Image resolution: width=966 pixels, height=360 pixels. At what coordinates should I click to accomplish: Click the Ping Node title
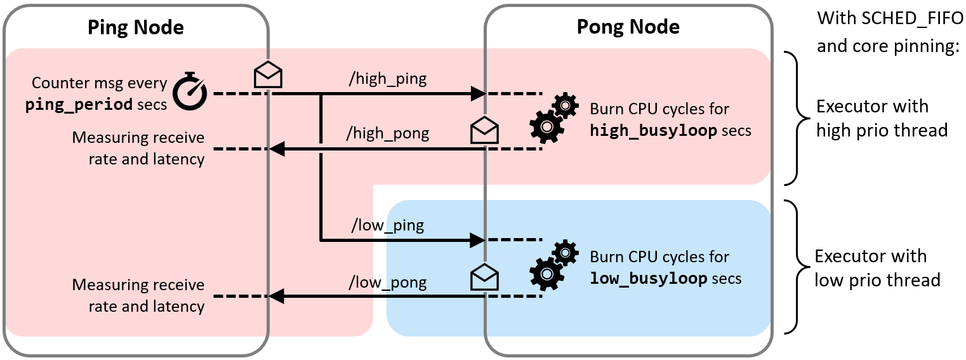click(x=135, y=27)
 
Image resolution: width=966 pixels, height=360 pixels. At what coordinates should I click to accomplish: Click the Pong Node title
click(x=628, y=27)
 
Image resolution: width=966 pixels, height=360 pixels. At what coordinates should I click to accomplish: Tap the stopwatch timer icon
click(x=190, y=91)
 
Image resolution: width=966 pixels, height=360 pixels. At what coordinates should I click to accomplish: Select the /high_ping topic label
click(x=387, y=79)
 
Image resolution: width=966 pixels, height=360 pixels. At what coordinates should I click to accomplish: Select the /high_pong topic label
click(x=387, y=133)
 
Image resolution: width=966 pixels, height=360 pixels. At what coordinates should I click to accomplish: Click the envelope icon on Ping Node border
click(x=268, y=75)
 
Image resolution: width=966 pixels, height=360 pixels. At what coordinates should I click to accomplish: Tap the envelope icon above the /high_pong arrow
click(x=484, y=130)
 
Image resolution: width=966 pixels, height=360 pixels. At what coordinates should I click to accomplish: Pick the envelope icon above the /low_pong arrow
click(x=484, y=277)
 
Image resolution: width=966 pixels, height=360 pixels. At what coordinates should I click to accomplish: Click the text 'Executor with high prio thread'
click(x=881, y=118)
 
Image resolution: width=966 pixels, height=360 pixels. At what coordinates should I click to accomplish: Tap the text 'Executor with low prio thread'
click(x=877, y=268)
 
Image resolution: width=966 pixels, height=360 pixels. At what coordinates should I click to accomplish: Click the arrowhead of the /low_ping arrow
click(x=477, y=240)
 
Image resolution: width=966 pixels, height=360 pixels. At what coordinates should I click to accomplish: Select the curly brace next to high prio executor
click(x=794, y=118)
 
